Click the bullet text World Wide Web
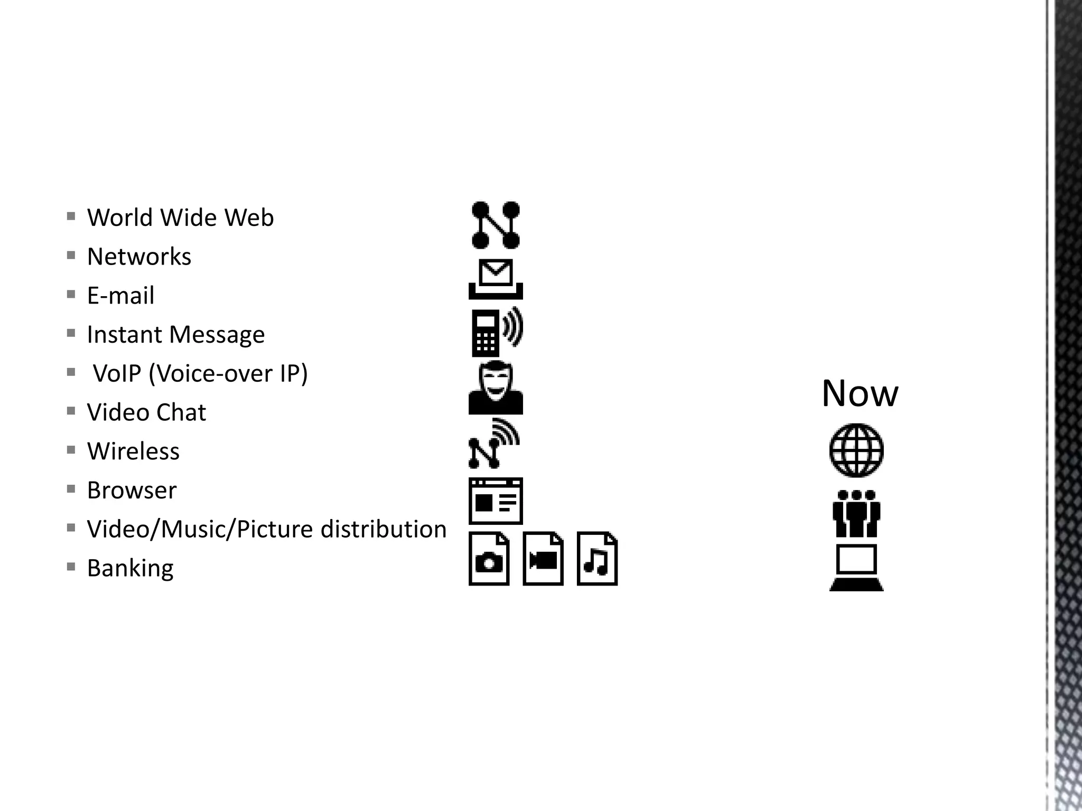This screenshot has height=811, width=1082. [x=180, y=218]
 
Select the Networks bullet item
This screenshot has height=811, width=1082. [x=139, y=257]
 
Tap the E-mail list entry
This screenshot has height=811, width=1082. [x=120, y=296]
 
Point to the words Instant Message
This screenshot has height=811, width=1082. [x=175, y=335]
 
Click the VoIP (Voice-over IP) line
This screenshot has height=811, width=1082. [x=200, y=374]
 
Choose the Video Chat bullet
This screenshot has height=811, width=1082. [x=146, y=412]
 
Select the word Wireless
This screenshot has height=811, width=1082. [x=133, y=451]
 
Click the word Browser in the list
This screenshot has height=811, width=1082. [x=132, y=491]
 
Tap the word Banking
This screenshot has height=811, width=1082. [x=130, y=569]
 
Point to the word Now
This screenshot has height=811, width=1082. [x=860, y=393]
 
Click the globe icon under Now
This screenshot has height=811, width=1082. [x=856, y=450]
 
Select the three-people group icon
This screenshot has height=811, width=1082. [x=856, y=514]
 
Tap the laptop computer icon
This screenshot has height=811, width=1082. [x=856, y=567]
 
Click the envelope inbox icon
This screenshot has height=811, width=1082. [x=496, y=279]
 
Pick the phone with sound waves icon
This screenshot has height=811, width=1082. [x=496, y=332]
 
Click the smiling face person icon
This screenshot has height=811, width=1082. [x=496, y=388]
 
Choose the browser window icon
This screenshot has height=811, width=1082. [x=496, y=501]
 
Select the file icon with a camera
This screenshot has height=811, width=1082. [x=489, y=559]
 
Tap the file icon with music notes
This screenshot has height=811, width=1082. [x=597, y=559]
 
